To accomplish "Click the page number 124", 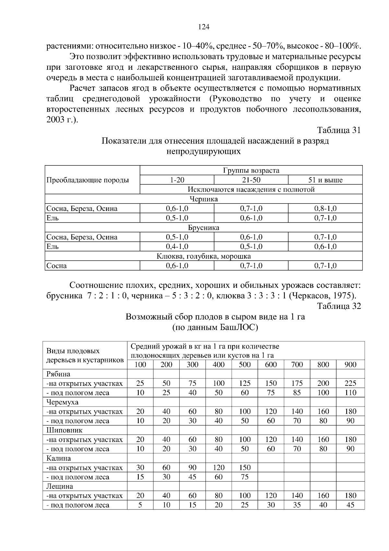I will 204,27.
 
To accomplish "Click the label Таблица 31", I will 339,130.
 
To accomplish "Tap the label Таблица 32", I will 339,306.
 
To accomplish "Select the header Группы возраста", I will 251,170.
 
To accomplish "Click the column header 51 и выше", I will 325,180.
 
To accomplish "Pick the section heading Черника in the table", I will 204,199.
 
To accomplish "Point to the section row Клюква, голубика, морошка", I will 204,256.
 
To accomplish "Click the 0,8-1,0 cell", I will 325,209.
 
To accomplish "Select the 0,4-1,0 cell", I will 177,247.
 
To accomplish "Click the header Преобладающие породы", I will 88,180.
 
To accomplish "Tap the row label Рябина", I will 58,374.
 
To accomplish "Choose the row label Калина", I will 59,458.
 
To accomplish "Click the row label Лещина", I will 60,486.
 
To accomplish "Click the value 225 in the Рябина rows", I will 350,383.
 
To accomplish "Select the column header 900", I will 350,364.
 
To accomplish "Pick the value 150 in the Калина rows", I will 245,468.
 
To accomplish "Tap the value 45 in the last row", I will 350,505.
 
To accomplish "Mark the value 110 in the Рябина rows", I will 350,393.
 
